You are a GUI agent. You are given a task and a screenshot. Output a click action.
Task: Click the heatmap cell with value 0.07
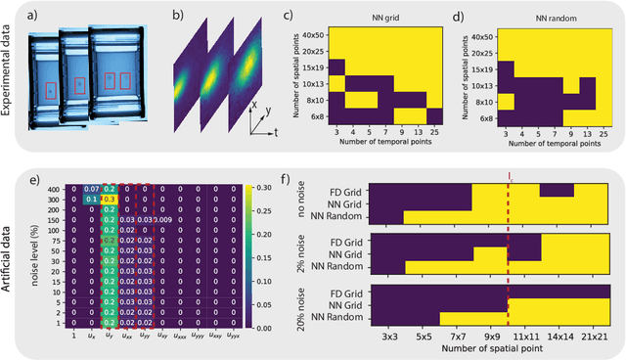(91, 188)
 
